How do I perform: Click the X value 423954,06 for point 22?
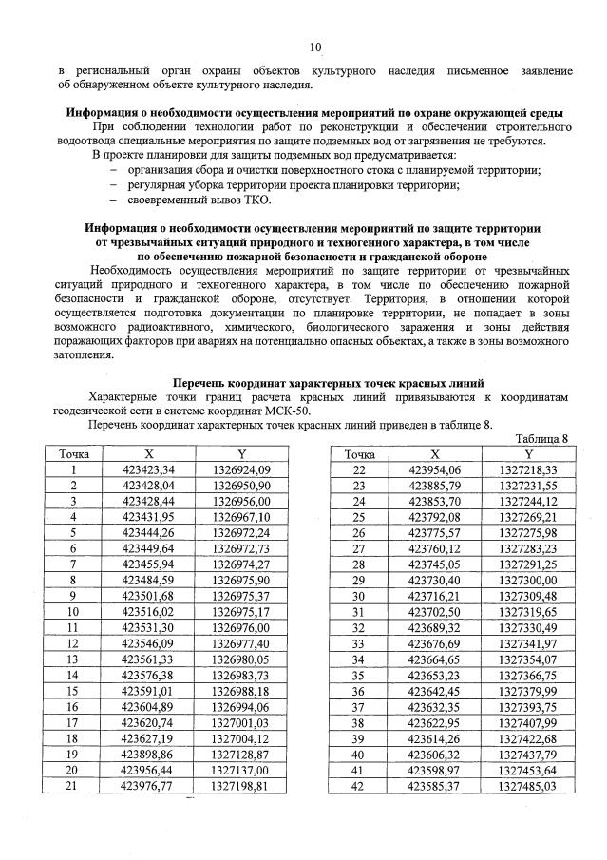[x=434, y=470]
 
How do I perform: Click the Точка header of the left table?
[x=72, y=454]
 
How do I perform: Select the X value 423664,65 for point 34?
[x=434, y=659]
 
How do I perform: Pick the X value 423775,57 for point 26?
[x=434, y=533]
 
